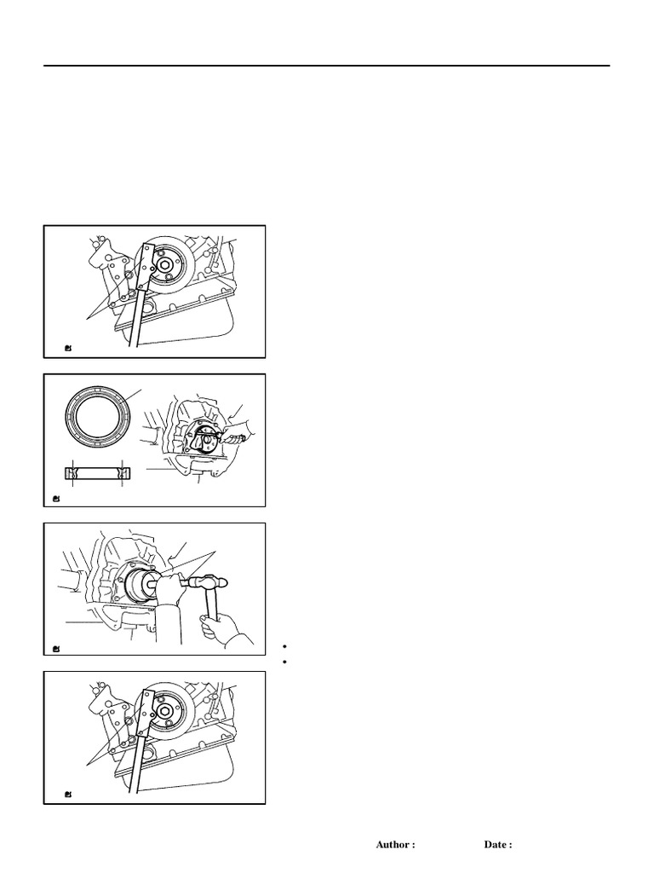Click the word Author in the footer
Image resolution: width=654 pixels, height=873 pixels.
point(393,845)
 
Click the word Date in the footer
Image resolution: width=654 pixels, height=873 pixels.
point(496,845)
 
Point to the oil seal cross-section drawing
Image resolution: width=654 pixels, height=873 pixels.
point(98,473)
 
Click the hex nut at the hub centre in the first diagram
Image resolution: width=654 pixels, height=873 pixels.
point(164,265)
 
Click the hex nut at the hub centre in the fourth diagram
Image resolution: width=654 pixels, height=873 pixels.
point(164,710)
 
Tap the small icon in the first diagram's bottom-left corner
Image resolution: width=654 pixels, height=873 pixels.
point(68,349)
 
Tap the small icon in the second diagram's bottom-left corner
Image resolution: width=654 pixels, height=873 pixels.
point(56,498)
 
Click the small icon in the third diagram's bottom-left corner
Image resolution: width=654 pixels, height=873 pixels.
point(56,648)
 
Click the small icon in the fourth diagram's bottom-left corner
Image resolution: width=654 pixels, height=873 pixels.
point(68,795)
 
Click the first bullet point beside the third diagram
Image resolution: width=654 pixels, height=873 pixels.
point(284,647)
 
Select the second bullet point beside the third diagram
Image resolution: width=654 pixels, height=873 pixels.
point(284,662)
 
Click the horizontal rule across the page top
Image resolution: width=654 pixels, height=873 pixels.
point(327,66)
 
